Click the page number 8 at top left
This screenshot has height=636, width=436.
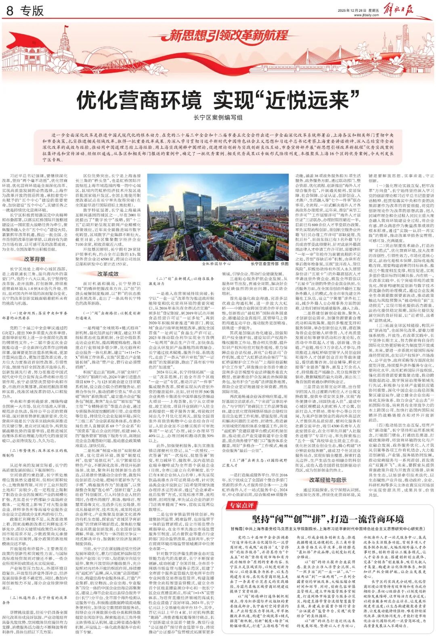coord(10,11)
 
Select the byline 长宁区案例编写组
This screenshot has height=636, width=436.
coord(218,117)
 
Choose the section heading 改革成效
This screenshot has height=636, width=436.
coord(108,273)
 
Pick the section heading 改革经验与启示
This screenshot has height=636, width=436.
coord(328,480)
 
